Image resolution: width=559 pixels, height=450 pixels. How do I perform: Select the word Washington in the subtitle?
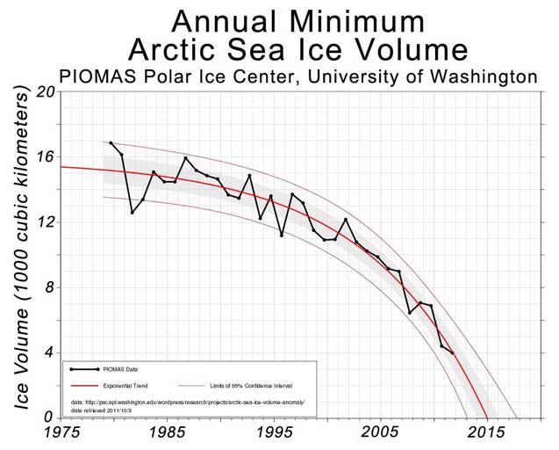click(474, 76)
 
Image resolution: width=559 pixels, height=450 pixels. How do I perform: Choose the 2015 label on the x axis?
click(487, 432)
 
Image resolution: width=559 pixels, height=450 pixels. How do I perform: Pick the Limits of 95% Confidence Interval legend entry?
click(246, 384)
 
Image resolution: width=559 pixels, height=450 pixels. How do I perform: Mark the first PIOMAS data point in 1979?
click(111, 142)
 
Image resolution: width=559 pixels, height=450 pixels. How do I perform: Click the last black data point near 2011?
click(452, 352)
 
